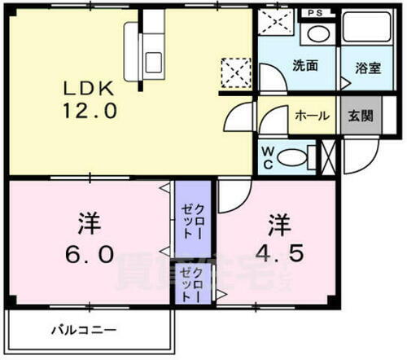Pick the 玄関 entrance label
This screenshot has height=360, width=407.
point(358,116)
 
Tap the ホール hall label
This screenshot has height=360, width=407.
point(312,116)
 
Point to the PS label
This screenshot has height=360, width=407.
point(316,14)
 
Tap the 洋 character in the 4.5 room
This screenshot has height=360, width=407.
point(279,221)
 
